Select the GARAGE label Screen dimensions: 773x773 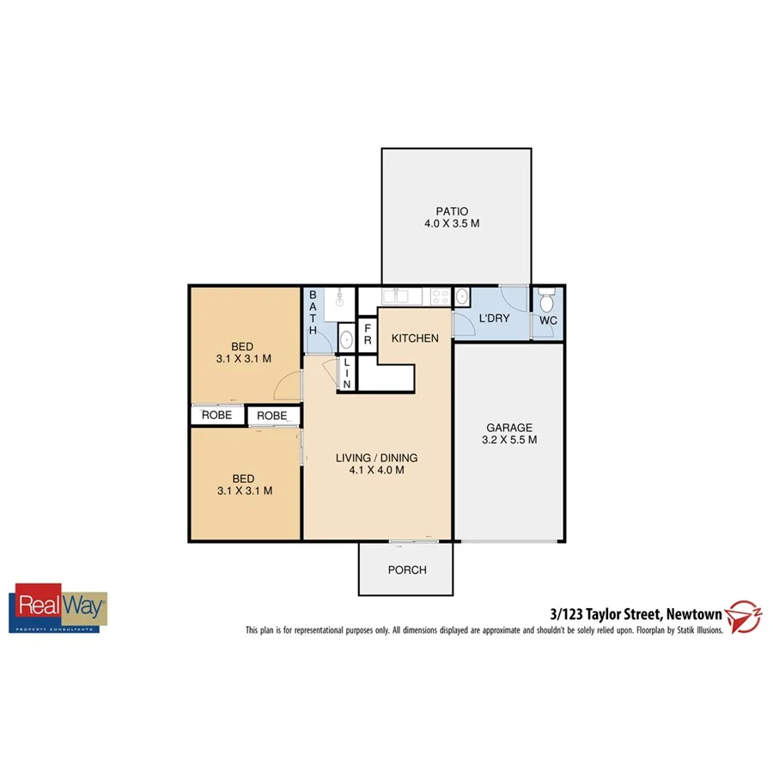(509, 427)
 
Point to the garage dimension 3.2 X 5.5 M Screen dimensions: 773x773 (509, 441)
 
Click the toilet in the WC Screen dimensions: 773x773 (547, 301)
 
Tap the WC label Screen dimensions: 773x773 (547, 321)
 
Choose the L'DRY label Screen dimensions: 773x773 (494, 318)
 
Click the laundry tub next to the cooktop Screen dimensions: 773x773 (461, 297)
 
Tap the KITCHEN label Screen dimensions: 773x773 (415, 338)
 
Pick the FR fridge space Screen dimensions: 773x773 (367, 334)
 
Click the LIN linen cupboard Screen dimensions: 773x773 (347, 374)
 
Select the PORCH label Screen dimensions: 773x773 (407, 569)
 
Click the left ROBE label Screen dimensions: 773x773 (216, 415)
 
